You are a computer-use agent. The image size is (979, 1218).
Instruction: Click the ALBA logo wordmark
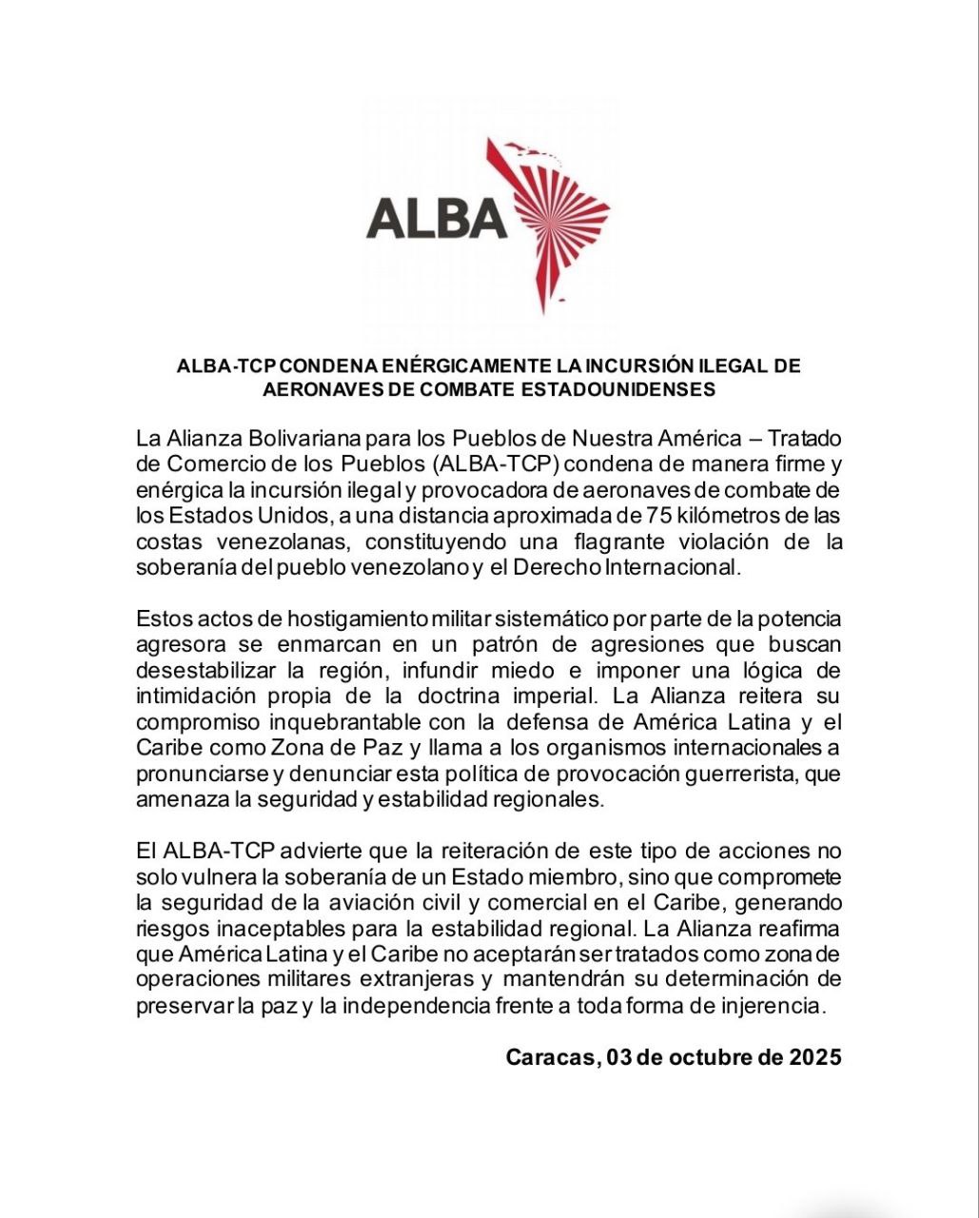[x=437, y=217]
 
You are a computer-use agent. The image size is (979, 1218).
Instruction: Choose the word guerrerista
[x=744, y=774]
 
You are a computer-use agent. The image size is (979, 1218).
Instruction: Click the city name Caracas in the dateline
[x=549, y=1057]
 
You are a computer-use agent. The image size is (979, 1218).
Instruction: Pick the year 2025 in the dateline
[x=814, y=1057]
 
